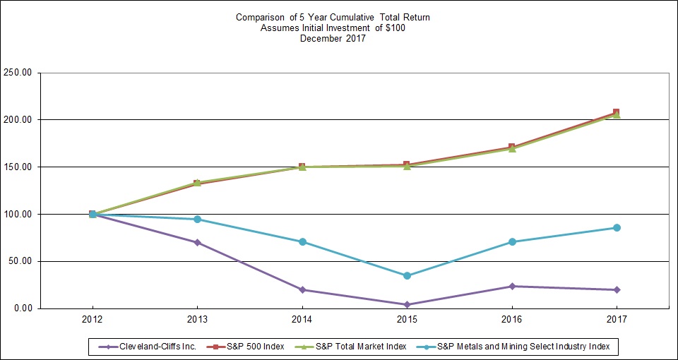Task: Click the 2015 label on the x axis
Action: coord(407,320)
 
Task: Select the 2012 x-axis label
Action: coord(93,320)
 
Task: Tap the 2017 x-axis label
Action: coord(617,320)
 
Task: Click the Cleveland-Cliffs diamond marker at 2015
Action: coord(407,305)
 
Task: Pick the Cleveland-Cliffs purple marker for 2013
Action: coord(198,242)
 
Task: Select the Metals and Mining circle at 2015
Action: coord(407,275)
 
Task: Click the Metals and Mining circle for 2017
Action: coord(617,227)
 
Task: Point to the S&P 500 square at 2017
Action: coord(617,112)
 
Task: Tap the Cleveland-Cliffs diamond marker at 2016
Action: coord(512,286)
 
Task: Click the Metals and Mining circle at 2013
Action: coord(198,219)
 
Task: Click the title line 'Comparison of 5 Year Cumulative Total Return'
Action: coord(332,18)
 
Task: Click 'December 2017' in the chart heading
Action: coord(332,39)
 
